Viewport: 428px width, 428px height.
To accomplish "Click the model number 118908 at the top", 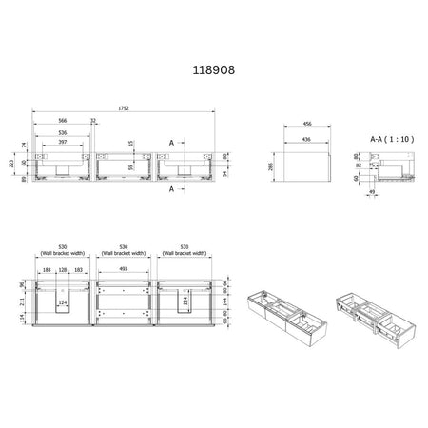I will coord(214,70).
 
